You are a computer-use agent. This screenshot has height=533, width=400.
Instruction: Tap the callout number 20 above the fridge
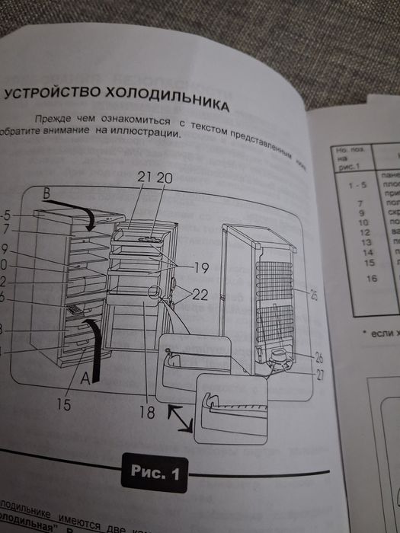click(x=165, y=178)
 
